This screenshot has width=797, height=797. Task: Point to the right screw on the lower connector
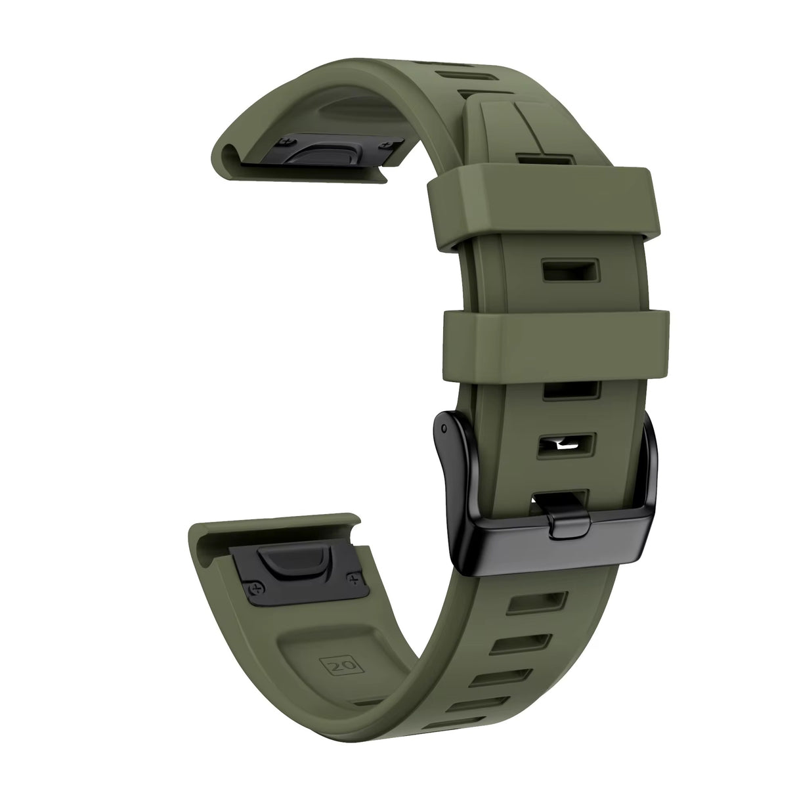[355, 578]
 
